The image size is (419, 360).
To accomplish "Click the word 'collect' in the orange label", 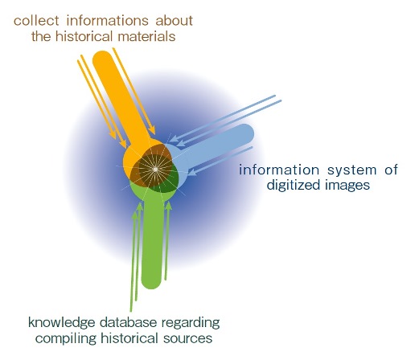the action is point(36,21).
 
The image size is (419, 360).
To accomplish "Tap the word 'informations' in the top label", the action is point(107,21).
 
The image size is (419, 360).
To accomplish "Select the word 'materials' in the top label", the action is point(146,36).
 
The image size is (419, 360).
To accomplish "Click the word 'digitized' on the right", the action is point(294,185).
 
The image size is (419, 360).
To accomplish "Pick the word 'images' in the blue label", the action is point(347,185).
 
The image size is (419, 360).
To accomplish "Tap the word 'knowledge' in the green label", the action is point(62,323).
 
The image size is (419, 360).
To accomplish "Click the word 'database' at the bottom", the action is point(128,322).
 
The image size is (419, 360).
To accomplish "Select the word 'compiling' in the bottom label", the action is point(66,338).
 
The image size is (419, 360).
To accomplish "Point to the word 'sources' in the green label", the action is point(188,338).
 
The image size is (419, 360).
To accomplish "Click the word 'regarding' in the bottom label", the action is point(191,323).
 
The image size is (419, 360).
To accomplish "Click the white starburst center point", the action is point(155,170).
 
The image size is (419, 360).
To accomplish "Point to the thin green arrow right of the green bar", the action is point(166,240).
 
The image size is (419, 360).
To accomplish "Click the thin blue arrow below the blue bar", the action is point(220,161).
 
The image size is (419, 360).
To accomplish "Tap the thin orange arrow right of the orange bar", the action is point(134,91).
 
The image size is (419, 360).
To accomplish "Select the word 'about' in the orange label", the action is point(175,21).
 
